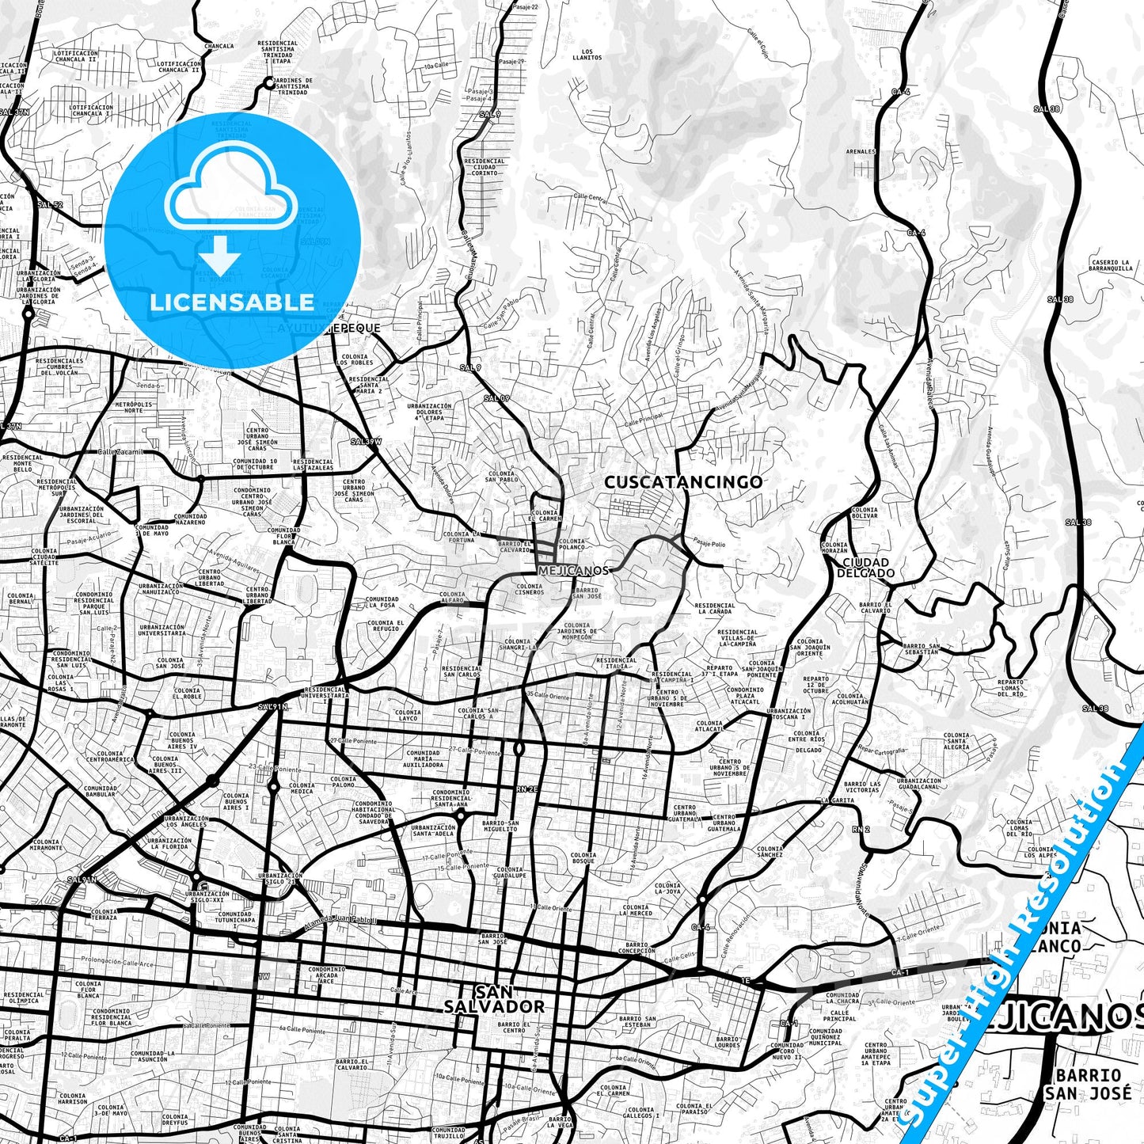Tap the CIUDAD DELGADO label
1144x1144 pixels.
[865, 568]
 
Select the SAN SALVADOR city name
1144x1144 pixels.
[494, 999]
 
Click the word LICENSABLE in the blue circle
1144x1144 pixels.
[232, 302]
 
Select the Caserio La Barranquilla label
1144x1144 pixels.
[1111, 265]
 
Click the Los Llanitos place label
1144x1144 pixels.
[587, 54]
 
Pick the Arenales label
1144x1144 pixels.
[861, 151]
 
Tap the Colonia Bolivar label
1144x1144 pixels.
[865, 513]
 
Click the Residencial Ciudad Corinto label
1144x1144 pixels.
[485, 166]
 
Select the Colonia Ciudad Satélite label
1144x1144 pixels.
[44, 557]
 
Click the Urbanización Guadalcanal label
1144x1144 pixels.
[918, 783]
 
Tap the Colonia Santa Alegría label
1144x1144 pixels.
[956, 741]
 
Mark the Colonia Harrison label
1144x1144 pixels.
[73, 1099]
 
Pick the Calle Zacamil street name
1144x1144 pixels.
[120, 451]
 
